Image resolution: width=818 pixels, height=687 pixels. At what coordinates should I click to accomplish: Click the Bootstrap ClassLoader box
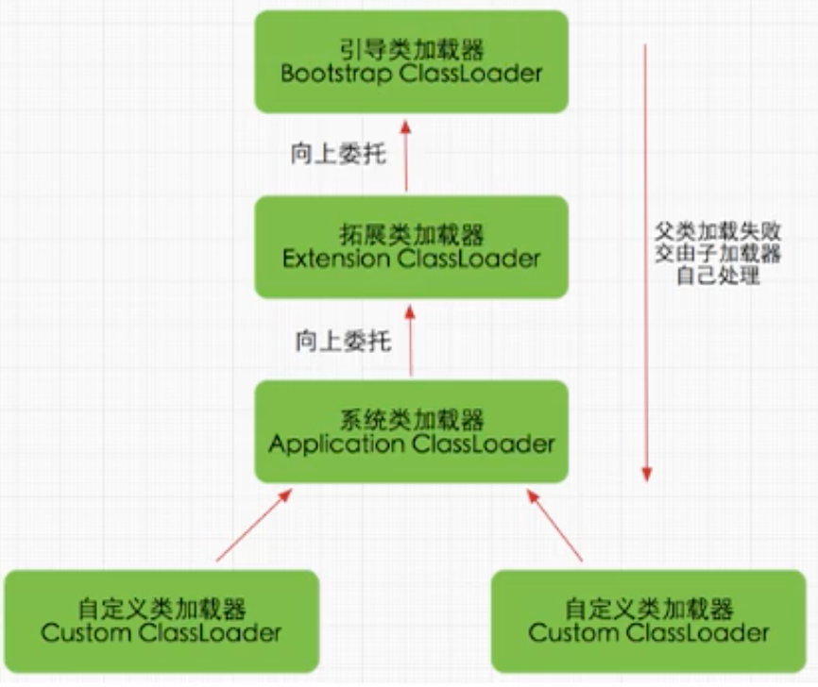411,62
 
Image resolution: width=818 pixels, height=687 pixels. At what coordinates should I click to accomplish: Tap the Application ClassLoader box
411,432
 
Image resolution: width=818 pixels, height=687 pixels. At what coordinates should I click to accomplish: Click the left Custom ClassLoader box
162,620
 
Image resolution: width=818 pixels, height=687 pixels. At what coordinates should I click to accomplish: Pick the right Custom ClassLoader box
649,620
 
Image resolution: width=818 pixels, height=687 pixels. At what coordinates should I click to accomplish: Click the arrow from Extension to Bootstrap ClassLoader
406,156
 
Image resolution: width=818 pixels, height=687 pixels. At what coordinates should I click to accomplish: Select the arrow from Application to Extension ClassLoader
410,340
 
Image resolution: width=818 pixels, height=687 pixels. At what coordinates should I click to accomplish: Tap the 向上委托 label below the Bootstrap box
338,155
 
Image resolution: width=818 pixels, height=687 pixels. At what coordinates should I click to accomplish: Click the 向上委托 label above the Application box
342,341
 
